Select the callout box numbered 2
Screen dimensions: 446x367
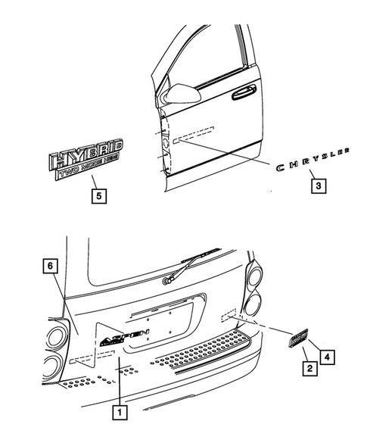tap(309, 370)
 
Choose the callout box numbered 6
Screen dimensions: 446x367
tap(50, 266)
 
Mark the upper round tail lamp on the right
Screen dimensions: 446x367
tap(255, 273)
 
